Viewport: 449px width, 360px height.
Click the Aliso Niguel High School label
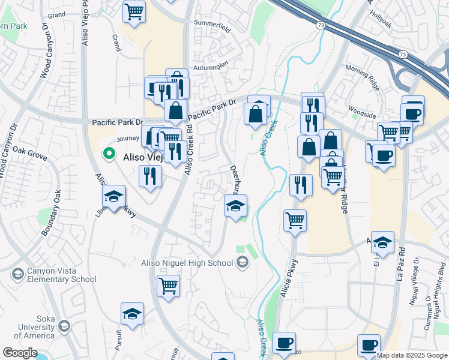187,263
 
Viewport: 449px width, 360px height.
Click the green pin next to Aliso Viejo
109,154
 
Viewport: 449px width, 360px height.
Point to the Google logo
20,353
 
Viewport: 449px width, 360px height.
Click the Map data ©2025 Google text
412,355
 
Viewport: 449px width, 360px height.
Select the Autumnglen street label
210,68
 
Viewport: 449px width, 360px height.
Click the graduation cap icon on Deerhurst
236,206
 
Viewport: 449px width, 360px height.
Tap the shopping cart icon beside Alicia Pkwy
295,220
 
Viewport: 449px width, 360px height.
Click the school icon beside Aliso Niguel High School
242,262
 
